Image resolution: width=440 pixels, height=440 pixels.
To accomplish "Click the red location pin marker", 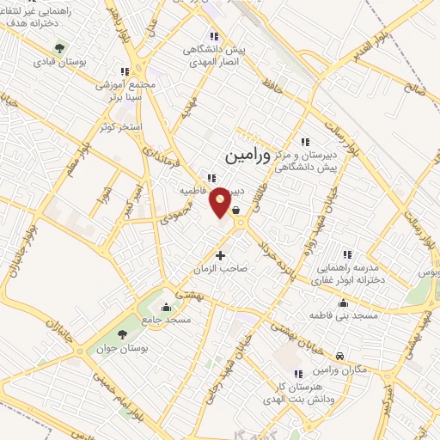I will click(221, 201).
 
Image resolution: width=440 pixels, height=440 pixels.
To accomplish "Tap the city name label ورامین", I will click(247, 158).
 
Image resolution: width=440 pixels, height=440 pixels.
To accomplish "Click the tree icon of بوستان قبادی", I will click(58, 48).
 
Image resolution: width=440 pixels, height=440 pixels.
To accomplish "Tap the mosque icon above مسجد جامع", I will click(166, 307).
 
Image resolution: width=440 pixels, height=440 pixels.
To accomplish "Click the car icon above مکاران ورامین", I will click(340, 356).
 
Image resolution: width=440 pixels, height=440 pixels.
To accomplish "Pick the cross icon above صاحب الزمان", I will click(221, 255).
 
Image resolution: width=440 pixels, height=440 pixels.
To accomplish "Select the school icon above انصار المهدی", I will click(214, 36).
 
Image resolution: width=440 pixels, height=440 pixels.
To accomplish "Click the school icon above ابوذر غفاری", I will click(347, 254).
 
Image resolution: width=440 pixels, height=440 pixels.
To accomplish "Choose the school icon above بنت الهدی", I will click(298, 374).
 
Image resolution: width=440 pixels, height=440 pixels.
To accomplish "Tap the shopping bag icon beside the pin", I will click(235, 209).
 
